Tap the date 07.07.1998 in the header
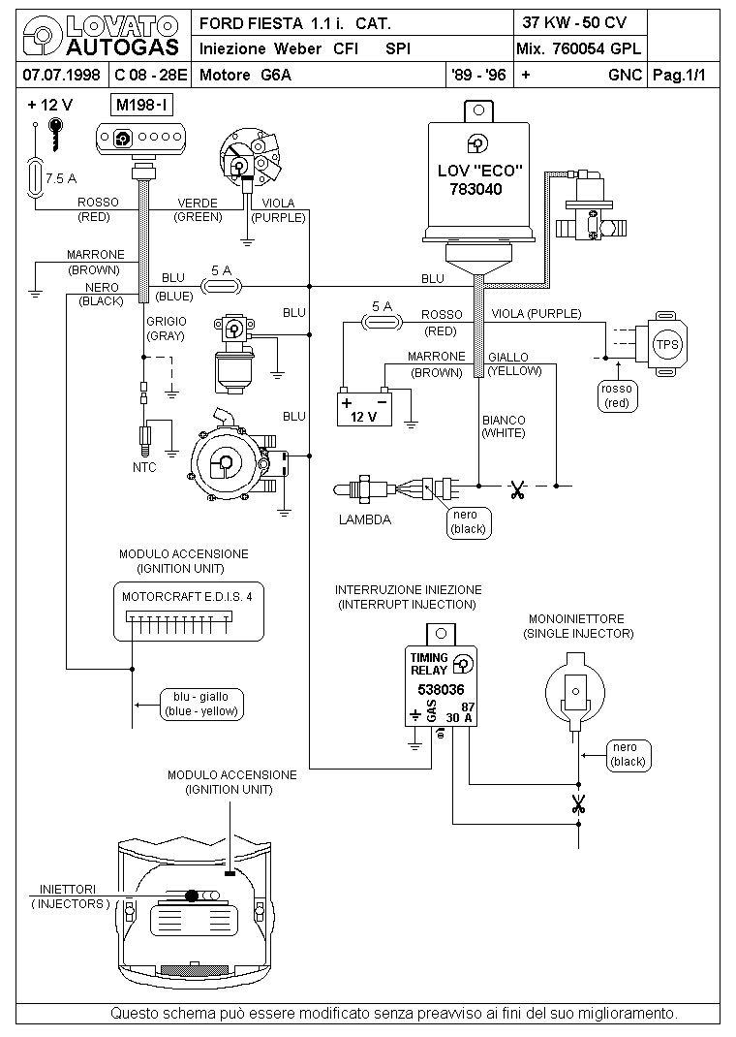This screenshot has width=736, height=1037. click(61, 75)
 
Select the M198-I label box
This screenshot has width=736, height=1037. click(142, 105)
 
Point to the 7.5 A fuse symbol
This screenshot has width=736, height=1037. click(34, 177)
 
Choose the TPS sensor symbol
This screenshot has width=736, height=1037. click(662, 344)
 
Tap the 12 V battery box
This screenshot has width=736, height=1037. click(364, 410)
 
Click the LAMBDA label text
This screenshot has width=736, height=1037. click(365, 519)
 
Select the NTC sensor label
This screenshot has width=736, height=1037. click(144, 467)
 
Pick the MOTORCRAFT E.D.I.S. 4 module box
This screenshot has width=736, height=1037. click(188, 612)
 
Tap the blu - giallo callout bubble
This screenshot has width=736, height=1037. click(200, 705)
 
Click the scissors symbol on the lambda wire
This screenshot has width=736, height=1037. click(517, 490)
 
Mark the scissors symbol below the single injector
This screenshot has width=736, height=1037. click(579, 804)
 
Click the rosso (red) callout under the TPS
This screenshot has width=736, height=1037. click(617, 396)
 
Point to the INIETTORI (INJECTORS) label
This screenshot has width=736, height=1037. click(68, 896)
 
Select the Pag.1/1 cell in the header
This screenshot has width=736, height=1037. click(679, 75)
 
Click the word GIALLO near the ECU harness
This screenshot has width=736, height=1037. click(508, 357)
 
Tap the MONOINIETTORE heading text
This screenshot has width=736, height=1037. click(576, 619)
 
